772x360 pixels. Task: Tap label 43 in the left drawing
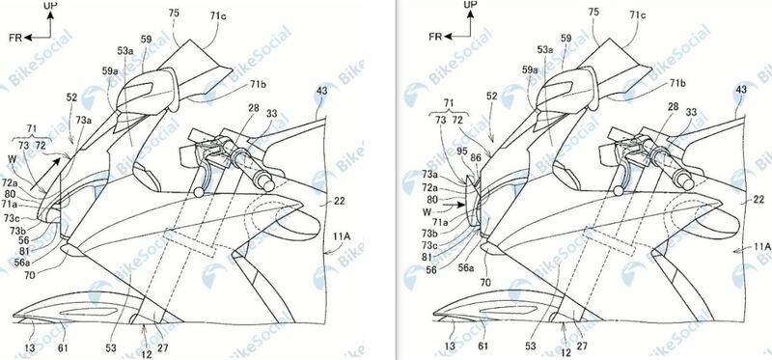click(x=320, y=90)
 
